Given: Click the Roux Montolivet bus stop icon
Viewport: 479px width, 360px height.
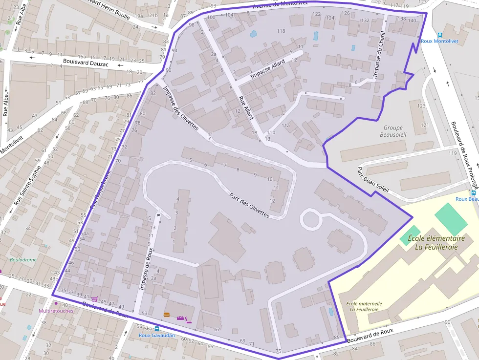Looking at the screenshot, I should click(x=440, y=35).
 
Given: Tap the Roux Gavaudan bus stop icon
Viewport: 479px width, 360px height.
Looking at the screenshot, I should click(x=157, y=329).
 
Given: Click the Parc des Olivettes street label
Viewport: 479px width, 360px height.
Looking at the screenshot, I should click(x=249, y=205).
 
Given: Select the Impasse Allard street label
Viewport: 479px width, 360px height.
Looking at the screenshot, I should click(x=267, y=69).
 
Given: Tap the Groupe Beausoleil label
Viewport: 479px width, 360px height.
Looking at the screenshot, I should click(x=393, y=131).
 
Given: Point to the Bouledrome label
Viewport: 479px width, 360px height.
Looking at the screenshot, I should click(x=23, y=260).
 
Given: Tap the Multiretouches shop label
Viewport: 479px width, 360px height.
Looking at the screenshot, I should click(x=56, y=311).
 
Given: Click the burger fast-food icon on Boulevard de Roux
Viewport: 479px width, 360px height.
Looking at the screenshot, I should click(x=167, y=315).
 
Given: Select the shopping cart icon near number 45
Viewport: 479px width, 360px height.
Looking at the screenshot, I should click(x=94, y=299).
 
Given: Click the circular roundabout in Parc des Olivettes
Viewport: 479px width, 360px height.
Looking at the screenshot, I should click(x=311, y=219).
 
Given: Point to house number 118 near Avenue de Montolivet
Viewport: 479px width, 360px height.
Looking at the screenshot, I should click(x=281, y=31).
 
